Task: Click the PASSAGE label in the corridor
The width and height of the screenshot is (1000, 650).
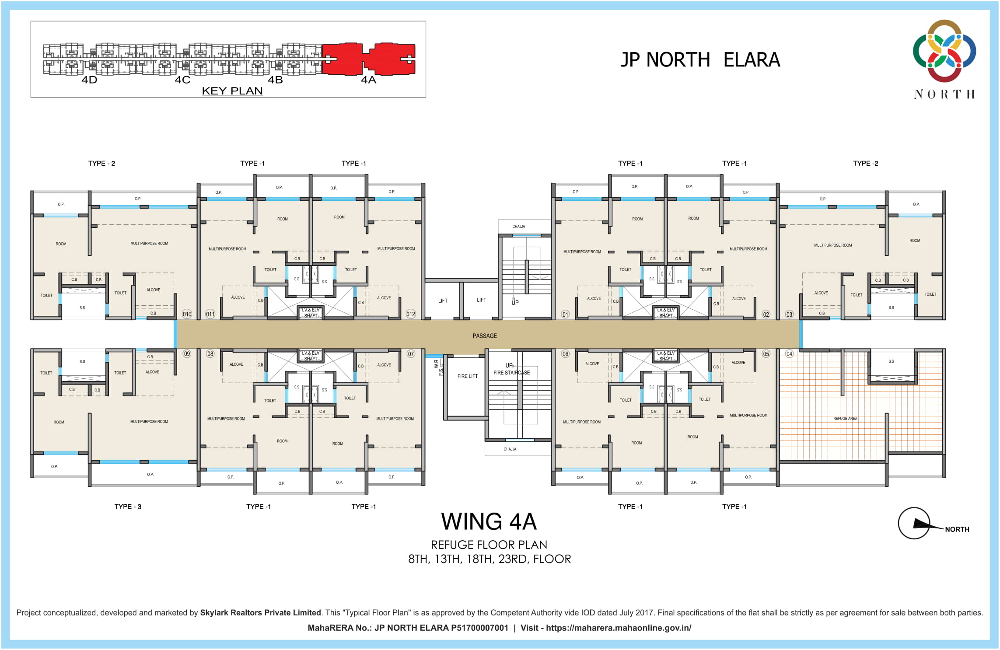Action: coord(485,336)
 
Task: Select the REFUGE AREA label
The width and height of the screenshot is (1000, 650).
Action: coord(845,419)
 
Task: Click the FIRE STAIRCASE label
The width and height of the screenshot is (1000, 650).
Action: coord(511,373)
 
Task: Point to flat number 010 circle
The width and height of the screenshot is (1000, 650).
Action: coord(187,314)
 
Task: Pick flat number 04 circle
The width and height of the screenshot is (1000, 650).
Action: coord(789,354)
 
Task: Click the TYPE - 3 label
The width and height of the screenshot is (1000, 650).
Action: coord(128,507)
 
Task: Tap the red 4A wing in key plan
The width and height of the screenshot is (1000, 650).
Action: coord(369,59)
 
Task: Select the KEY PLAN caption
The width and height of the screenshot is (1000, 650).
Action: coord(232,91)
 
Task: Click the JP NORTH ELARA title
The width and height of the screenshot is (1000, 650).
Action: coord(700,60)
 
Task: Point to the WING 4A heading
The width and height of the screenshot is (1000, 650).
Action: coord(489,521)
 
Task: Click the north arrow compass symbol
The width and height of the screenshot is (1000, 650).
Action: coord(914,523)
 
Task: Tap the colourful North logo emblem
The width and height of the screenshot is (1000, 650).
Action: coord(944,51)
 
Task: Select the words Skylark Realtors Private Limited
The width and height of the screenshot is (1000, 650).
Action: coord(260,613)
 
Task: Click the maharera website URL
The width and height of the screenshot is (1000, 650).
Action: coord(619,628)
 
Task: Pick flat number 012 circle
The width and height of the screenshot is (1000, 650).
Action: coord(411,314)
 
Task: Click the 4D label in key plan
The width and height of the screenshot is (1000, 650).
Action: coord(89,80)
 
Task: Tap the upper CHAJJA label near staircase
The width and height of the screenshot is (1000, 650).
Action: coord(518,227)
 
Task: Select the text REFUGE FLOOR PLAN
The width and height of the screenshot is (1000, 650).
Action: coord(489,545)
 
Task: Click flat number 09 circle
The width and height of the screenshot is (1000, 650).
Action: coord(187,354)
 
